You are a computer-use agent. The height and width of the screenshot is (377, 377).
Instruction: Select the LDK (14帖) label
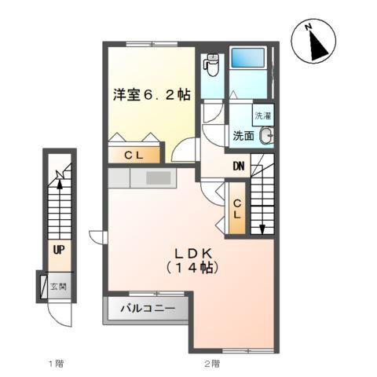click(191, 261)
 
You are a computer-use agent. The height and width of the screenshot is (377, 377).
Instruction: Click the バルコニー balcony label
click(147, 308)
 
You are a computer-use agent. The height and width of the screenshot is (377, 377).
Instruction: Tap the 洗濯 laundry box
click(263, 115)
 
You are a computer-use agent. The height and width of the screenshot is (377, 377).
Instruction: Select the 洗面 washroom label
click(243, 136)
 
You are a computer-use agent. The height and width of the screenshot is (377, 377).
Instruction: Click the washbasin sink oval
click(266, 135)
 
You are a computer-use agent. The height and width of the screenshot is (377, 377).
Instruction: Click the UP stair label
click(58, 250)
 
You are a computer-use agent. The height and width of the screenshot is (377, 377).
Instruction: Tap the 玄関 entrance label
click(58, 287)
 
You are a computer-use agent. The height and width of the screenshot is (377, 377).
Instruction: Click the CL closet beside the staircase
click(236, 208)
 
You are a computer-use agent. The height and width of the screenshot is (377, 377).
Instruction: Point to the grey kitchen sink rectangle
click(158, 178)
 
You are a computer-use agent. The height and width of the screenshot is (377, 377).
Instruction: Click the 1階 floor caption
click(55, 363)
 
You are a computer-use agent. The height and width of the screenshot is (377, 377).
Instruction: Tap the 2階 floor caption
click(210, 363)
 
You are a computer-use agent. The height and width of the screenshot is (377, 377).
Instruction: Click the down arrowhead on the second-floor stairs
click(262, 229)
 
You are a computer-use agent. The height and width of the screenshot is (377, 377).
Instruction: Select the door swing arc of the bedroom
click(186, 151)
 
